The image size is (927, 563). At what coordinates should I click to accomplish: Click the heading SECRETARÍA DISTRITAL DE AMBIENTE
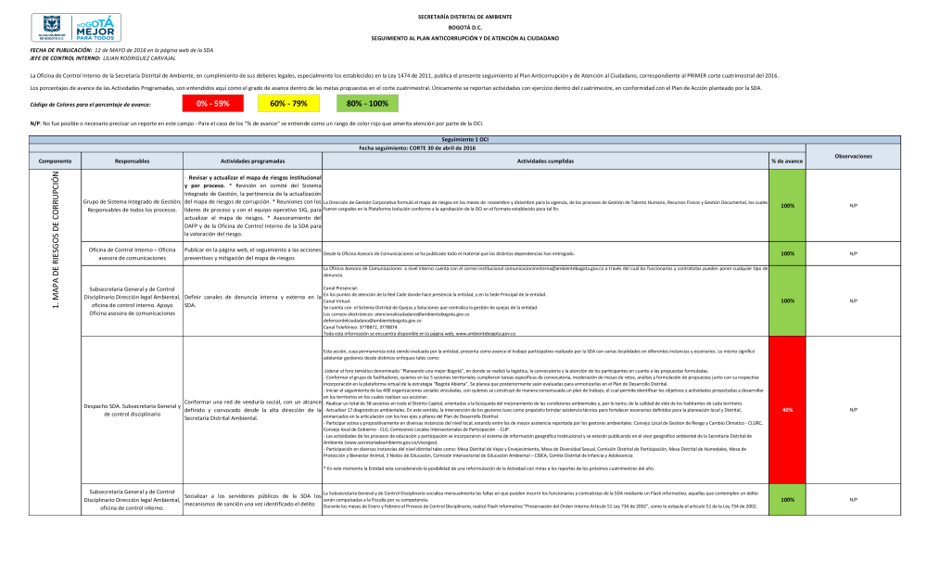click(x=465, y=18)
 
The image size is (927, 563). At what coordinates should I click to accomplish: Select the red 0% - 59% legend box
click(x=212, y=103)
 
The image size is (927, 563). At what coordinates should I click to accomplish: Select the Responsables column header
click(x=132, y=161)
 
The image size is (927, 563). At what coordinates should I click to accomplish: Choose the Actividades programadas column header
click(x=252, y=161)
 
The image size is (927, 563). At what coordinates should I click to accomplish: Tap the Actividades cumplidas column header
click(x=544, y=161)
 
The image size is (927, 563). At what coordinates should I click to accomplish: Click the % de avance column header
click(x=787, y=161)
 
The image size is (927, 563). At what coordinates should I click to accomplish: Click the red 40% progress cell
click(x=787, y=410)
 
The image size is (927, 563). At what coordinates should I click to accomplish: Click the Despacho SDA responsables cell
click(x=132, y=410)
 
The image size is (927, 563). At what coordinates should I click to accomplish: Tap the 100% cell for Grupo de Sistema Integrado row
click(x=787, y=206)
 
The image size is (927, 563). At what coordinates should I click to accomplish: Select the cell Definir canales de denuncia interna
click(x=252, y=301)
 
